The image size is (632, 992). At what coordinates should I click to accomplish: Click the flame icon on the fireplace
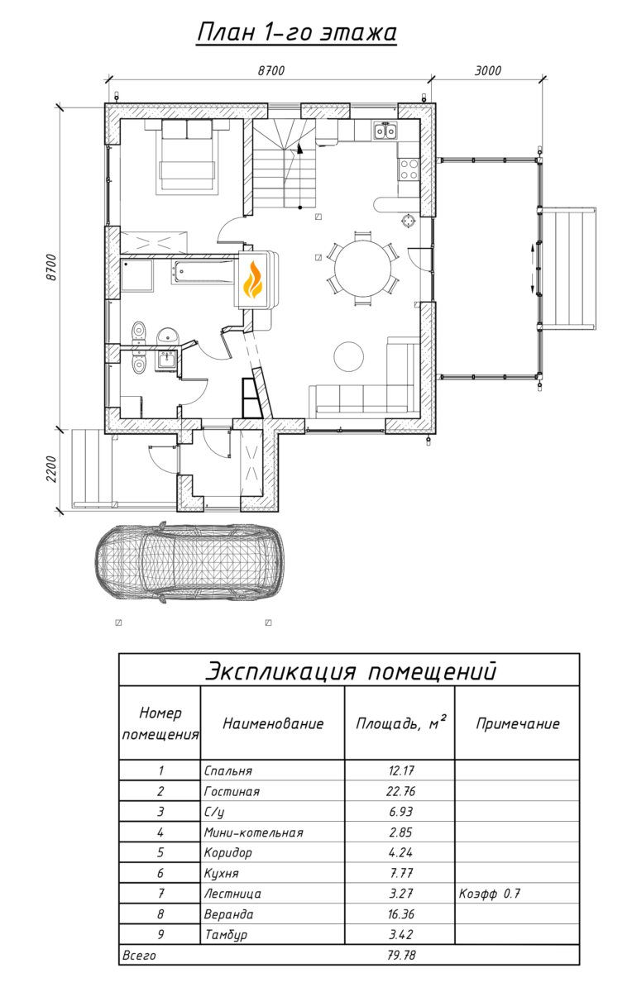pyautogui.click(x=253, y=279)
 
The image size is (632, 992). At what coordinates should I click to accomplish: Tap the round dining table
pyautogui.click(x=363, y=269)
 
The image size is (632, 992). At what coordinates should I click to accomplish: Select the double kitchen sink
pyautogui.click(x=385, y=131)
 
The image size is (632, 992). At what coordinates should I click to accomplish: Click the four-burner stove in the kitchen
pyautogui.click(x=409, y=169)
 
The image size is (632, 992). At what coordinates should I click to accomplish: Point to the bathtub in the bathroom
pyautogui.click(x=202, y=272)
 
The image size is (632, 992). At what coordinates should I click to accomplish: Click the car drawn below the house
pyautogui.click(x=189, y=562)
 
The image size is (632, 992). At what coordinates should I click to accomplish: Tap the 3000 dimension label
pyautogui.click(x=487, y=71)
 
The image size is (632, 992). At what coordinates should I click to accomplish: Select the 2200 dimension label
pyautogui.click(x=51, y=469)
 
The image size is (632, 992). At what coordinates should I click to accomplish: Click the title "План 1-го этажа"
pyautogui.click(x=296, y=32)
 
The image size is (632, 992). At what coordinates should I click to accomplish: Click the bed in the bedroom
pyautogui.click(x=187, y=157)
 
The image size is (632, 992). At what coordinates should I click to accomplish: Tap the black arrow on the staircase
pyautogui.click(x=300, y=149)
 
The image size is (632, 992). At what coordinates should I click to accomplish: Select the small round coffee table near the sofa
pyautogui.click(x=349, y=356)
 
